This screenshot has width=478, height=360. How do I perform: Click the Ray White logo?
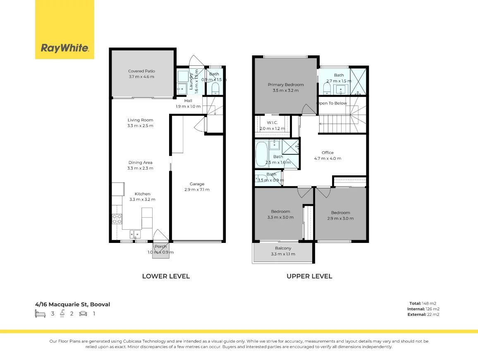(x=65, y=48)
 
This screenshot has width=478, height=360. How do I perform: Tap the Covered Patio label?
(x=141, y=74)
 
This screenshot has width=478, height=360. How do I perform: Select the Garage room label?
(x=197, y=187)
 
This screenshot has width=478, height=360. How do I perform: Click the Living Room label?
(x=141, y=122)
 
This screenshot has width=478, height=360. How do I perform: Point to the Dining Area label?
(x=141, y=165)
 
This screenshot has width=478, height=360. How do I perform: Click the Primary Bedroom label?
(x=285, y=87)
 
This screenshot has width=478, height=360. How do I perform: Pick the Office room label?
(x=327, y=155)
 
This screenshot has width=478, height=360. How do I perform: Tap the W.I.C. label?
(x=272, y=125)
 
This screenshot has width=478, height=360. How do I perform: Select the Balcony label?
(x=283, y=251)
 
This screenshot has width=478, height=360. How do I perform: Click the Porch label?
(x=160, y=249)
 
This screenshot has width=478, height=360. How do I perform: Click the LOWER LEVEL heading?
(x=166, y=276)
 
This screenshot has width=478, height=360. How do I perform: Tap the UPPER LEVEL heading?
(x=309, y=276)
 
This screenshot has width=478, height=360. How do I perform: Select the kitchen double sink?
(x=135, y=235)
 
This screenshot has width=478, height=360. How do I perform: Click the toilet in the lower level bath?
(x=215, y=88)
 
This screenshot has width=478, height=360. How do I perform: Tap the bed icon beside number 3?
(x=40, y=314)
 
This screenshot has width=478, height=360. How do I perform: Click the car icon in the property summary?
(x=83, y=314)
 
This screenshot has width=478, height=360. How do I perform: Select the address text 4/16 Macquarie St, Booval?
(x=73, y=304)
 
